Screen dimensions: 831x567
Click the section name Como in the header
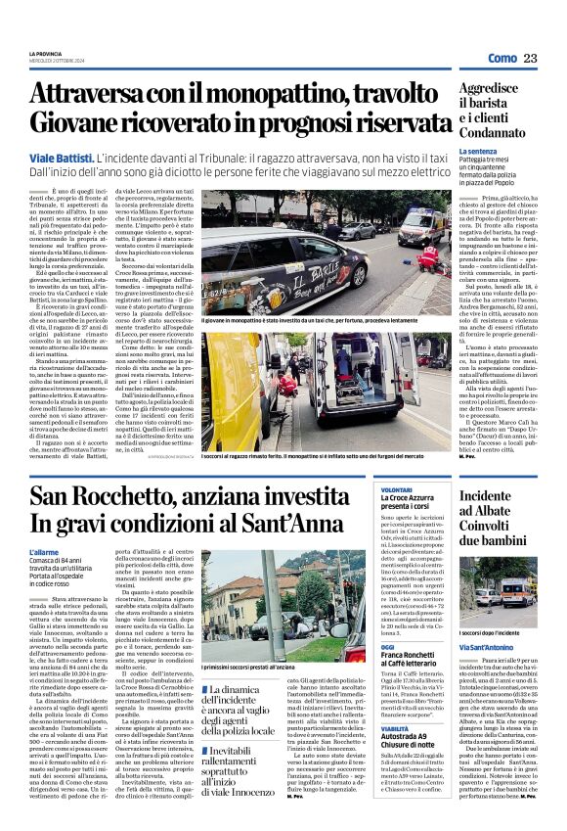pyautogui.click(x=502, y=58)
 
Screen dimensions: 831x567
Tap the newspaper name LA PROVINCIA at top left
pyautogui.click(x=44, y=53)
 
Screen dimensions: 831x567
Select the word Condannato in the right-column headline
pyautogui.click(x=501, y=134)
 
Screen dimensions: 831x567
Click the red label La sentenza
pyautogui.click(x=479, y=152)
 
